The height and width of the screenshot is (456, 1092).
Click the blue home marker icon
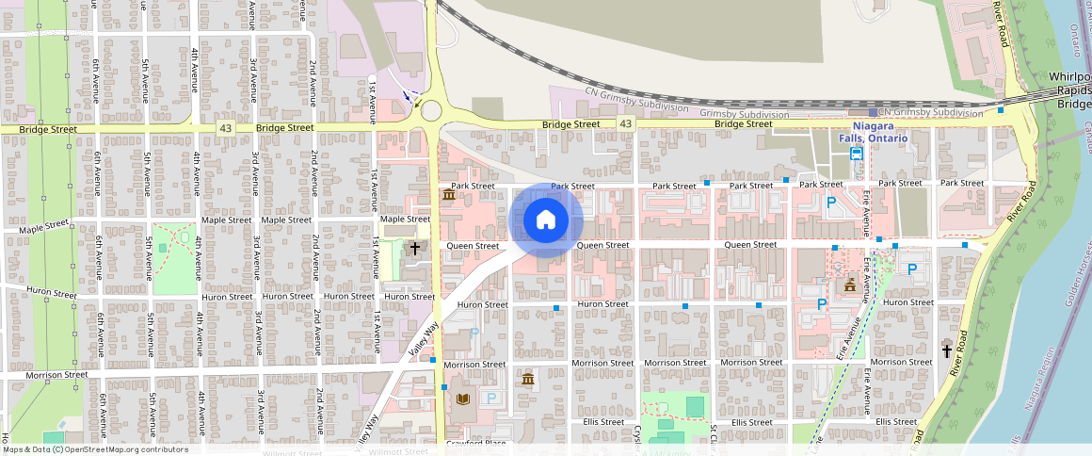(x=545, y=220)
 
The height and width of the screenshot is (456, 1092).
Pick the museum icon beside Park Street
(x=447, y=195)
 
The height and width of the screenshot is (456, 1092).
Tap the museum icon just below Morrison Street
(x=527, y=379)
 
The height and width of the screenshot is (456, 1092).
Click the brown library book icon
(x=462, y=399)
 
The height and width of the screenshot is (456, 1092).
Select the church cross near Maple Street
(x=414, y=247)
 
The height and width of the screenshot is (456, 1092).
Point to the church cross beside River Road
(x=947, y=351)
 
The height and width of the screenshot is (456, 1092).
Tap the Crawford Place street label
(x=476, y=443)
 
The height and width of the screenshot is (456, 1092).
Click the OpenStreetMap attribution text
(x=94, y=449)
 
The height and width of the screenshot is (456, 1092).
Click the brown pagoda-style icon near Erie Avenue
(x=850, y=285)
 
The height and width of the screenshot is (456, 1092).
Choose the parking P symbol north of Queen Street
(x=831, y=202)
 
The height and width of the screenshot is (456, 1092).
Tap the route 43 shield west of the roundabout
(x=225, y=126)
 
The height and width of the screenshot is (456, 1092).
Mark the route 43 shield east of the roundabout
(x=625, y=123)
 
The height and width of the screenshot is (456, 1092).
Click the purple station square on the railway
(x=873, y=112)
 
